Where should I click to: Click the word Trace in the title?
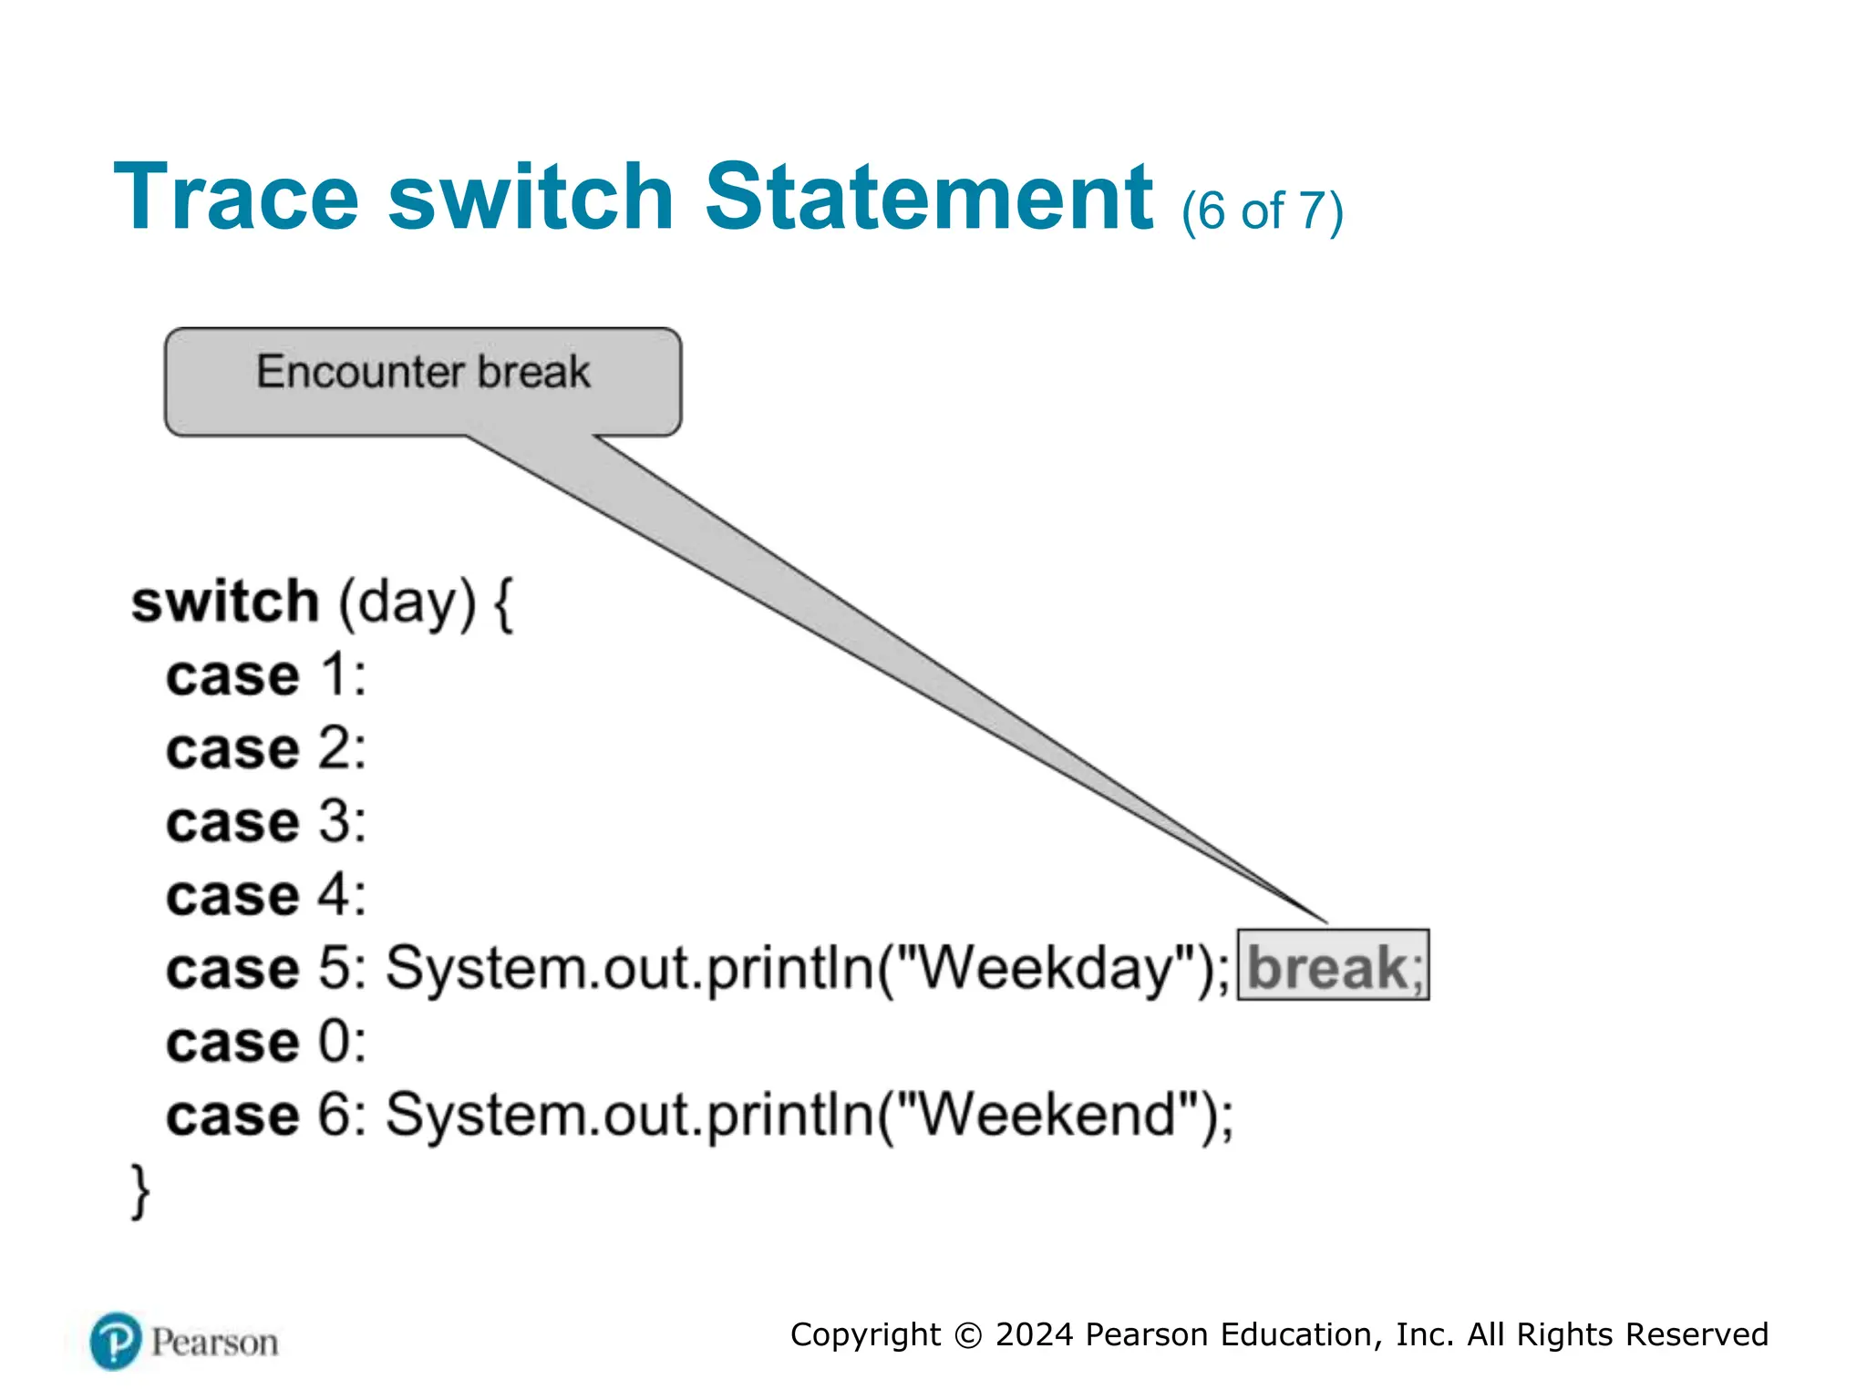[x=236, y=197]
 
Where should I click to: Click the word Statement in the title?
[x=929, y=197]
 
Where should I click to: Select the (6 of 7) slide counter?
[x=1262, y=211]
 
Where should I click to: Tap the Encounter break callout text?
[x=423, y=372]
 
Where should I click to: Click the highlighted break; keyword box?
[x=1333, y=966]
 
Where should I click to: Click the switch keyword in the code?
[x=225, y=602]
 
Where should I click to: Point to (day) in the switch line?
[x=407, y=602]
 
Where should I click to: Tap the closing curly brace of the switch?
[x=140, y=1190]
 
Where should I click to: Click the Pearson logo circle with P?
[x=116, y=1342]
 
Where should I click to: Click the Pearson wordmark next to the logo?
[x=214, y=1343]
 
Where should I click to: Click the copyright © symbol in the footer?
[x=968, y=1335]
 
